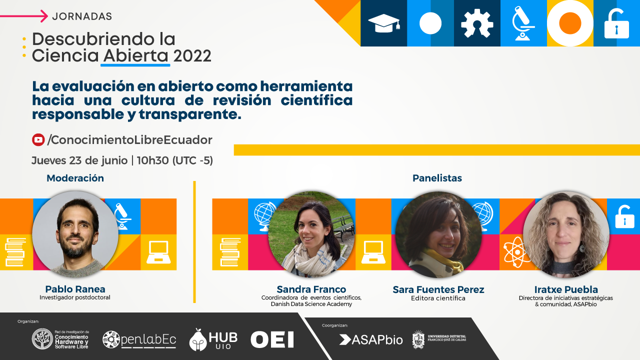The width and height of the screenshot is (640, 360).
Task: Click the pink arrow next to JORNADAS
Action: click(24, 16)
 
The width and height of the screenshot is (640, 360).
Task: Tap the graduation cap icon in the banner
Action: click(383, 23)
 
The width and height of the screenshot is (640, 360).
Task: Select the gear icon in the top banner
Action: click(477, 23)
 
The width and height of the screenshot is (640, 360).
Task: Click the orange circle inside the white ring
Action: click(570, 23)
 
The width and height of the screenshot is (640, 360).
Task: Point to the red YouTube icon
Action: click(38, 139)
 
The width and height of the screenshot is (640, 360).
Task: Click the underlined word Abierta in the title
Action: click(135, 55)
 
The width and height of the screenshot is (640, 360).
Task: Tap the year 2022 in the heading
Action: click(192, 55)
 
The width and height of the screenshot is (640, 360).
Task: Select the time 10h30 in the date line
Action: click(153, 160)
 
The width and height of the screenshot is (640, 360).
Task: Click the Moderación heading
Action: click(75, 178)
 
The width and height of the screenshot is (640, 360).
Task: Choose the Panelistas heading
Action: click(437, 178)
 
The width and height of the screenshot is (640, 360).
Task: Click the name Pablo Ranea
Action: click(75, 289)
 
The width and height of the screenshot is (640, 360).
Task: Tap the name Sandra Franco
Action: click(311, 289)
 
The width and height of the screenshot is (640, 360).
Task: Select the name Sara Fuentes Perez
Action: click(438, 289)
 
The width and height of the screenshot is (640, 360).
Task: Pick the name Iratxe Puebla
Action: click(566, 289)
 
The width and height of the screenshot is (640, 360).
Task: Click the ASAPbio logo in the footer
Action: click(371, 339)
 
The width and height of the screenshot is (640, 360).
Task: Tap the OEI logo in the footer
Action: click(272, 339)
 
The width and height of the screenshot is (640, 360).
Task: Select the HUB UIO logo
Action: click(213, 339)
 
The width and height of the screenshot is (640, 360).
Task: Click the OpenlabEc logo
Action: click(139, 339)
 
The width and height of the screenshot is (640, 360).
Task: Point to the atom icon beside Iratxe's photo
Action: click(516, 252)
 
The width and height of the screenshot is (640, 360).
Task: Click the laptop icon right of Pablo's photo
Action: click(158, 252)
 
